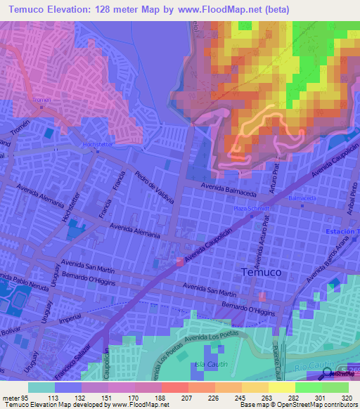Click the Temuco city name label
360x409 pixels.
(x=262, y=272)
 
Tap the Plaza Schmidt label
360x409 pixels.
(x=252, y=208)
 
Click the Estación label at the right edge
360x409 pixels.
(x=342, y=231)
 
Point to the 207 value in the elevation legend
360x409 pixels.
(x=174, y=396)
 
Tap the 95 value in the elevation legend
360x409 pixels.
(x=27, y=396)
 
